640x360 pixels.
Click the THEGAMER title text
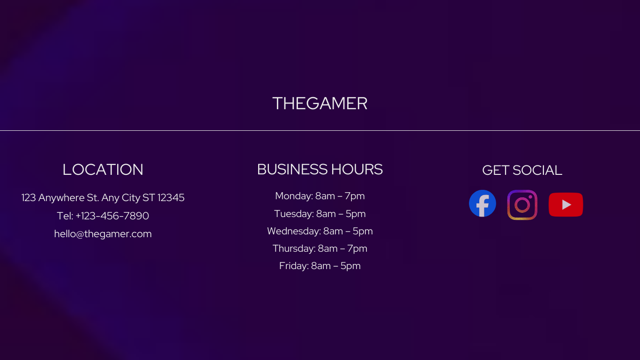[x=320, y=103]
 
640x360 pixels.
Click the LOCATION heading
[x=103, y=170]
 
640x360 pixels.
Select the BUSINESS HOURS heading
[x=320, y=169]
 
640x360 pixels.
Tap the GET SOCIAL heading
[x=522, y=171]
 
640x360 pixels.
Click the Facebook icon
[x=482, y=203]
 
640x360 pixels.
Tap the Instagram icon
[x=522, y=205]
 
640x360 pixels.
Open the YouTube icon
[x=566, y=204]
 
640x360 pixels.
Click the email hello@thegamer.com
[x=103, y=234]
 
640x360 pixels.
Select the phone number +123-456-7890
[x=112, y=216]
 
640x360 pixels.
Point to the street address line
[x=103, y=198]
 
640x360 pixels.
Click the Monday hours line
[x=320, y=196]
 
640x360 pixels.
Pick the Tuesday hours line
[x=320, y=214]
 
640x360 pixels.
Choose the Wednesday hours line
[x=320, y=231]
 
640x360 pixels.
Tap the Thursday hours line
[x=320, y=248]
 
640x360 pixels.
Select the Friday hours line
[x=320, y=266]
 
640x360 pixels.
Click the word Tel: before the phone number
[x=65, y=216]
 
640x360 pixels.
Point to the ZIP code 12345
[x=171, y=198]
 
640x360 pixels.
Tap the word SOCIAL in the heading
[x=537, y=171]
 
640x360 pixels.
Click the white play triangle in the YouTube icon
[x=566, y=205]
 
